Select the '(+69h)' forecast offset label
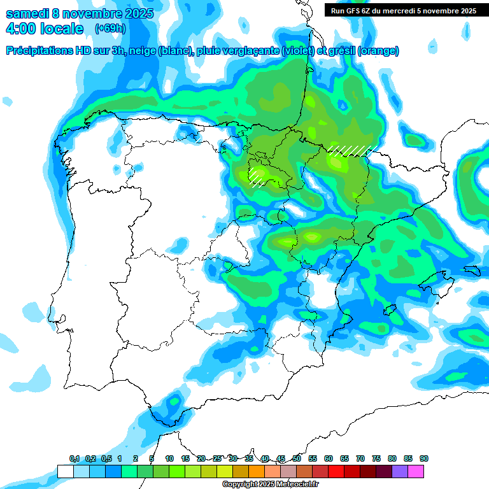pos(110,29)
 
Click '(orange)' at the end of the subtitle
pos(378,51)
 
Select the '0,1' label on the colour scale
pos(74,458)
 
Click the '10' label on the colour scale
pos(169,458)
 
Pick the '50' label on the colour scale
pos(297,458)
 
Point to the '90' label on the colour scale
pos(424,458)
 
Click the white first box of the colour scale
pos(65,471)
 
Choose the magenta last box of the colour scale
pos(415,471)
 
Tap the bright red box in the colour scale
pos(336,471)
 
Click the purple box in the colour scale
pos(399,471)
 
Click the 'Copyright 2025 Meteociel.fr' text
pos(270,484)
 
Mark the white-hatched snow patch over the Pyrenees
pos(350,150)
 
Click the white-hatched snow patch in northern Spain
pos(257,176)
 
